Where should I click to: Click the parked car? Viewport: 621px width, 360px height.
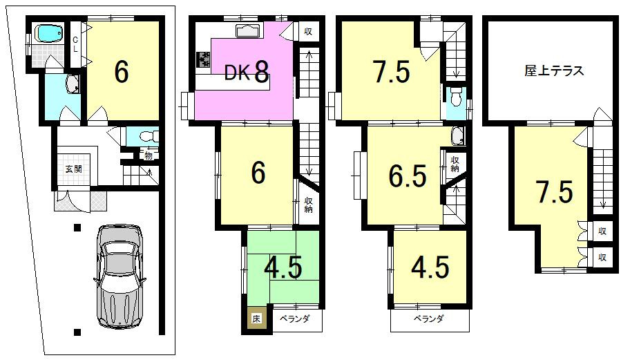click(x=120, y=275)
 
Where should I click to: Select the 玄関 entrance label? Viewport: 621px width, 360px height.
click(x=74, y=169)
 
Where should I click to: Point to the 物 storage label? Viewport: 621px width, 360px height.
click(x=148, y=155)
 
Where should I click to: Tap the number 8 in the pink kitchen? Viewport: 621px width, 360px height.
click(x=261, y=71)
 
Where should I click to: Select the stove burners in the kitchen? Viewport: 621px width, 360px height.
click(x=204, y=61)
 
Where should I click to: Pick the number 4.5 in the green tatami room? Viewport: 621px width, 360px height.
click(x=283, y=268)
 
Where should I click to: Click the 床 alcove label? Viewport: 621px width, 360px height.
click(x=256, y=319)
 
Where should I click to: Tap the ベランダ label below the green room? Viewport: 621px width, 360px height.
click(x=296, y=319)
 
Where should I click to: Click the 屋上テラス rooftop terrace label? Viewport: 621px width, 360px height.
click(x=554, y=70)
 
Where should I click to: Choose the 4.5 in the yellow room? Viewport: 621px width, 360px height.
click(x=430, y=268)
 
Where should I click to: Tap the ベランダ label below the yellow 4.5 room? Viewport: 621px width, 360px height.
click(x=428, y=319)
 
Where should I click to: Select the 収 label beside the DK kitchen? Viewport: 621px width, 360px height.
click(x=307, y=32)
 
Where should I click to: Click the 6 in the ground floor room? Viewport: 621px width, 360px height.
click(x=122, y=71)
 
